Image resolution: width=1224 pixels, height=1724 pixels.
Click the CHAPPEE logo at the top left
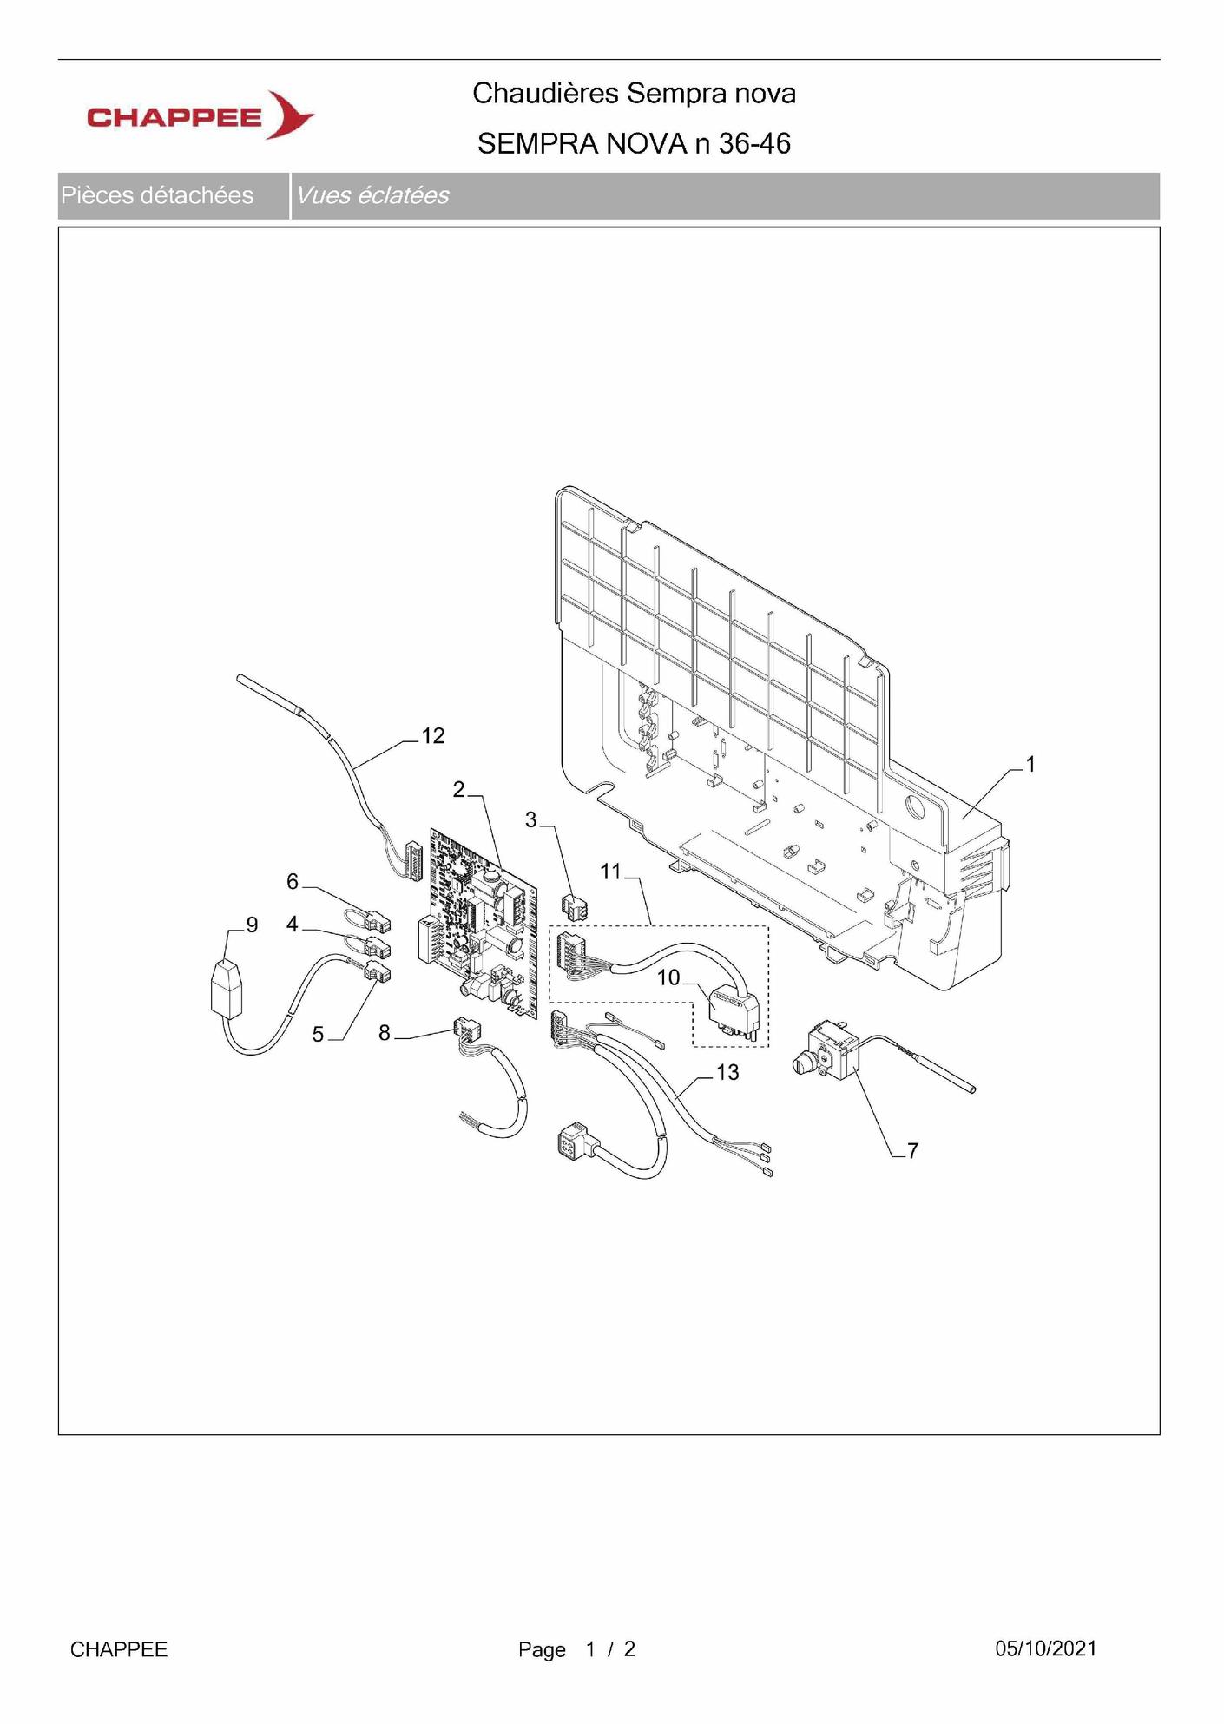201,115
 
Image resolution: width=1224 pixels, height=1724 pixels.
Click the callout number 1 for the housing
1030,764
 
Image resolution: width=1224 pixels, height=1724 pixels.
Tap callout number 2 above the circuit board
459,789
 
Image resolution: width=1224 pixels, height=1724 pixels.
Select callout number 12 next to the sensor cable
433,736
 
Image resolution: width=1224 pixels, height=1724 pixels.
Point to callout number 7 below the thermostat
912,1151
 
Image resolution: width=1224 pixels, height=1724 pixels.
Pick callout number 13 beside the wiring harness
727,1073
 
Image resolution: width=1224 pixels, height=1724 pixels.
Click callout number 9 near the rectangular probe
252,925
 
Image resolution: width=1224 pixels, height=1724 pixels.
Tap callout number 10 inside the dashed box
668,978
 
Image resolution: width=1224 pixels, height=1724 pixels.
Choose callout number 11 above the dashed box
611,872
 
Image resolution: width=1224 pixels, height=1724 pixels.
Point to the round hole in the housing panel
914,806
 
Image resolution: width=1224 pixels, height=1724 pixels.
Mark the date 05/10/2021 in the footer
1046,1648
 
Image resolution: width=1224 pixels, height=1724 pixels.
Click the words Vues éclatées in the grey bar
372,195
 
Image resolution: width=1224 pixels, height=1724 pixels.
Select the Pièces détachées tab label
157,195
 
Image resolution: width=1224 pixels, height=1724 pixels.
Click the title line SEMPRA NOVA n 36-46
634,143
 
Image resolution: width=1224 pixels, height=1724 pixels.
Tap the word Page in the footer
542,1650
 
